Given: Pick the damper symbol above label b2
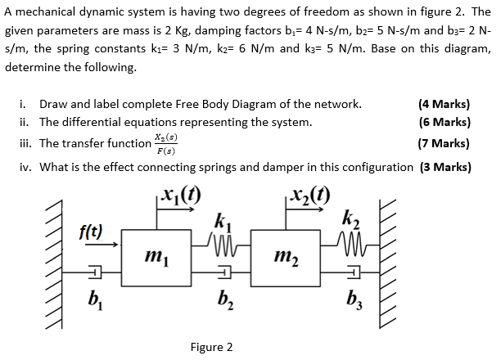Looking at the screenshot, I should tap(223, 273).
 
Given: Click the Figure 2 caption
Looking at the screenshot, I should tap(211, 347).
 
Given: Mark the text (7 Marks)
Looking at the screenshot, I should tap(444, 143).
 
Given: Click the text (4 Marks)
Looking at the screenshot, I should tap(444, 104).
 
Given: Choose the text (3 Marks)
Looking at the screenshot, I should tap(445, 167).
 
